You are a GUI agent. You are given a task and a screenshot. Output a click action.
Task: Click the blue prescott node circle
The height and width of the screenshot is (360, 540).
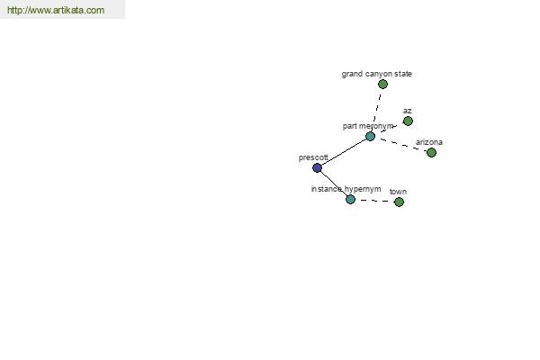pos(317,167)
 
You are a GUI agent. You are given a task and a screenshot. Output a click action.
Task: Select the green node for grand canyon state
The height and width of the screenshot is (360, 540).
pos(382,84)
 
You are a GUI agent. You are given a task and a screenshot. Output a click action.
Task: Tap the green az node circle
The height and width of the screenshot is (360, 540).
pos(408,121)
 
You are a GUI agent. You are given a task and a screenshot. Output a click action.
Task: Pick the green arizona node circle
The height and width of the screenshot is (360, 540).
pos(431,152)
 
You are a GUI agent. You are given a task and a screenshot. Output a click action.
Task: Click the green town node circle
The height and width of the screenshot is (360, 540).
pos(399,202)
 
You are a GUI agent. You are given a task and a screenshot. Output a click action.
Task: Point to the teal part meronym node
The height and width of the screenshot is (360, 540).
pos(370,137)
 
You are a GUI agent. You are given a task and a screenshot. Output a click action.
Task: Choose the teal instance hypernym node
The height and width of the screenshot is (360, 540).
pos(350,199)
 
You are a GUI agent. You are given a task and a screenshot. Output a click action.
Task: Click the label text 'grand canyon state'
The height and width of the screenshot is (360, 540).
pos(377,74)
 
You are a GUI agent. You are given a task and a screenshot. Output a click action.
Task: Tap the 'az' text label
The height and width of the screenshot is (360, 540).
pos(407,111)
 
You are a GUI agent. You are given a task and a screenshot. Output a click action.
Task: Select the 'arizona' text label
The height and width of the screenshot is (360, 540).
pos(429,142)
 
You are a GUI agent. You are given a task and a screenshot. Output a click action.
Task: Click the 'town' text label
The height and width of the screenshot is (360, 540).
pos(398,192)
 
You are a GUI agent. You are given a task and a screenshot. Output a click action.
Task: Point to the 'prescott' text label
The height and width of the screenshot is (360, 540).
pos(313,157)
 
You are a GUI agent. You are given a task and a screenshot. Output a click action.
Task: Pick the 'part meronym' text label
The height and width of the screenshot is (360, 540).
pos(368,126)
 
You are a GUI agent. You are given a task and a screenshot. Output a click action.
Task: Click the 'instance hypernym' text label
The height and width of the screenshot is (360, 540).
pos(346,189)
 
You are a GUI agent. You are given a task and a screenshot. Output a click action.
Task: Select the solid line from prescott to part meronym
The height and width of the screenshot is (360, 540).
pos(344,152)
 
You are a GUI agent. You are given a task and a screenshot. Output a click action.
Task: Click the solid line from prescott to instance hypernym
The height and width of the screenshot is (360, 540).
pos(334,184)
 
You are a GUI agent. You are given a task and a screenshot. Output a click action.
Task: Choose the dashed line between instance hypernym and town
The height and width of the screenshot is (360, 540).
pos(374,201)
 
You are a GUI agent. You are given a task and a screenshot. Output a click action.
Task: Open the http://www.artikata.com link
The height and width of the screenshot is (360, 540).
pos(56,10)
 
